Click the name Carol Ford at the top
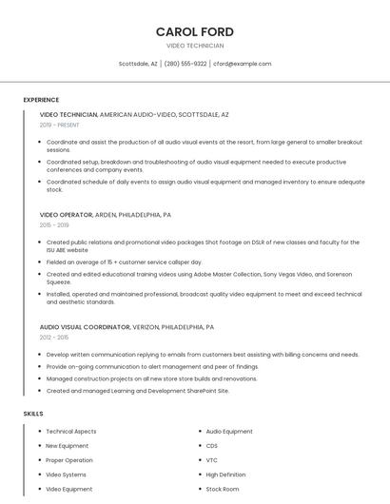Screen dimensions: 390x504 click(x=195, y=31)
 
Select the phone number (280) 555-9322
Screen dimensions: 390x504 click(x=185, y=64)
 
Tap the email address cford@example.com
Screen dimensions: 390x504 click(x=242, y=64)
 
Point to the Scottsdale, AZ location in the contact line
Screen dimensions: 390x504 click(x=138, y=64)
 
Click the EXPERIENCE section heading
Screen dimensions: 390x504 click(x=41, y=100)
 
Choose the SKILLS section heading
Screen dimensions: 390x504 click(x=33, y=414)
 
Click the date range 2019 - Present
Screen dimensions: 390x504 click(x=60, y=125)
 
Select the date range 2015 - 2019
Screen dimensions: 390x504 click(x=54, y=225)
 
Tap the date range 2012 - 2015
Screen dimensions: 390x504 click(x=54, y=338)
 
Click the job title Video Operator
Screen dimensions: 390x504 click(x=67, y=215)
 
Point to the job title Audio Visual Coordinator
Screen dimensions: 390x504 click(x=85, y=327)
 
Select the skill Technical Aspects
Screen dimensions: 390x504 click(x=71, y=432)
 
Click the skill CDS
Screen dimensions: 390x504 click(x=212, y=446)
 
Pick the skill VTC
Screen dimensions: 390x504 click(x=212, y=460)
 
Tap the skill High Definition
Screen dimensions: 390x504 click(x=225, y=475)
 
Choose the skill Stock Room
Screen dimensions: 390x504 click(x=223, y=489)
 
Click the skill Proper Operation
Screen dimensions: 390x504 click(x=69, y=460)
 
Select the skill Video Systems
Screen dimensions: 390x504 click(x=66, y=475)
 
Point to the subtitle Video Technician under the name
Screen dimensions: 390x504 click(x=195, y=46)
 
